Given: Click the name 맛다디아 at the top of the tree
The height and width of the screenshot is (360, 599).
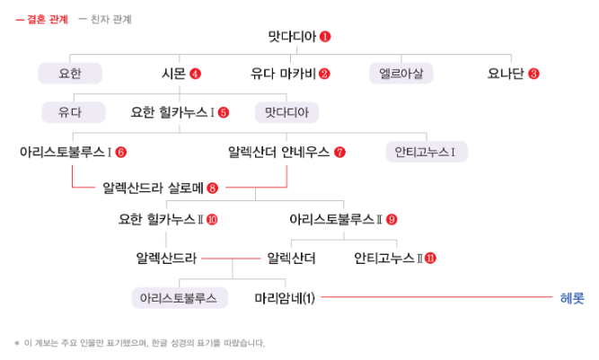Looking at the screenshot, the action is pyautogui.click(x=292, y=38).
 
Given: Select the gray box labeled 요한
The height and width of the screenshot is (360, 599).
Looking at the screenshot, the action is pyautogui.click(x=70, y=73).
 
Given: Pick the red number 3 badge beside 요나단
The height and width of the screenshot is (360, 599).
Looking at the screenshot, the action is pyautogui.click(x=534, y=74).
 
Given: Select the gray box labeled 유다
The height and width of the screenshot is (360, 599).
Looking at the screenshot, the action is pyautogui.click(x=70, y=112).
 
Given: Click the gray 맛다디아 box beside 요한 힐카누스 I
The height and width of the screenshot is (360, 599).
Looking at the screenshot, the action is pyautogui.click(x=286, y=112).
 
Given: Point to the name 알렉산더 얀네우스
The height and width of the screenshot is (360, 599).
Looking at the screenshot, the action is pyautogui.click(x=279, y=151).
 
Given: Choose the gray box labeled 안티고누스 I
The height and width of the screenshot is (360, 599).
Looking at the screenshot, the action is pyautogui.click(x=426, y=151).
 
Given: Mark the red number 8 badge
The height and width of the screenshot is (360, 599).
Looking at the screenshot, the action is pyautogui.click(x=212, y=188).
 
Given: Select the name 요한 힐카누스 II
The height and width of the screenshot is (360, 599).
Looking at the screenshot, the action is pyautogui.click(x=161, y=218).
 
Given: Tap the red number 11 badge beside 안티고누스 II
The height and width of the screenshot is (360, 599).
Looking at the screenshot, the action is pyautogui.click(x=430, y=259).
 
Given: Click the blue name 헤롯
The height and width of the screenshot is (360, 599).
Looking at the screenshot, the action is pyautogui.click(x=571, y=297).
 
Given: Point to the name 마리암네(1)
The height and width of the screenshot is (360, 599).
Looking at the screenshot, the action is pyautogui.click(x=285, y=297).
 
